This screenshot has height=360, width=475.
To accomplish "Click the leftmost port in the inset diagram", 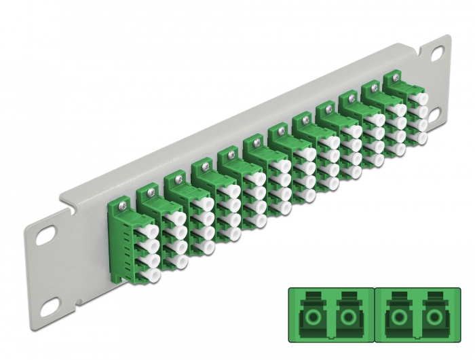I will [310, 317].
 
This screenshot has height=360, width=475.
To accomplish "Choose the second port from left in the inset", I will [349, 317].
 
